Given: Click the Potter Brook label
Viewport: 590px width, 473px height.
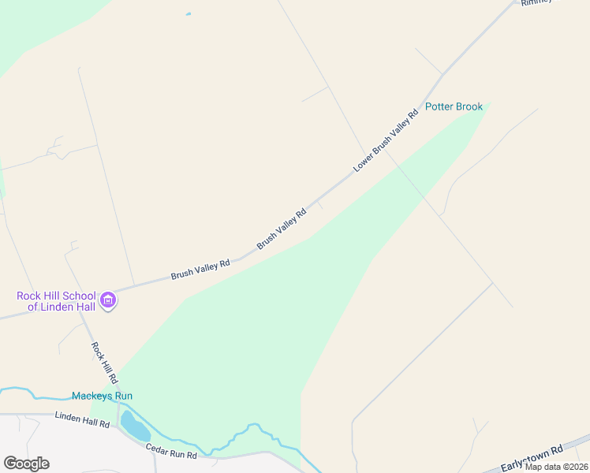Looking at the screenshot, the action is click(x=454, y=106).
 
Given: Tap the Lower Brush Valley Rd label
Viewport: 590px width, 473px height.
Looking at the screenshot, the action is click(x=386, y=140).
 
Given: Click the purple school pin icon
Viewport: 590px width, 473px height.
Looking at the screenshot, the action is click(x=109, y=300).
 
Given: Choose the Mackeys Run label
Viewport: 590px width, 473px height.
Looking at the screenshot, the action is click(x=102, y=396).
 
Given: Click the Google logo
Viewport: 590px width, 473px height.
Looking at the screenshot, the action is click(x=26, y=464).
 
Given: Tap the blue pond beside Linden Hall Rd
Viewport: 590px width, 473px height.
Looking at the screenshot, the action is click(x=135, y=426).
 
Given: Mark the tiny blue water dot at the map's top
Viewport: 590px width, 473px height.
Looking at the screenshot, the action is click(x=188, y=14).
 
